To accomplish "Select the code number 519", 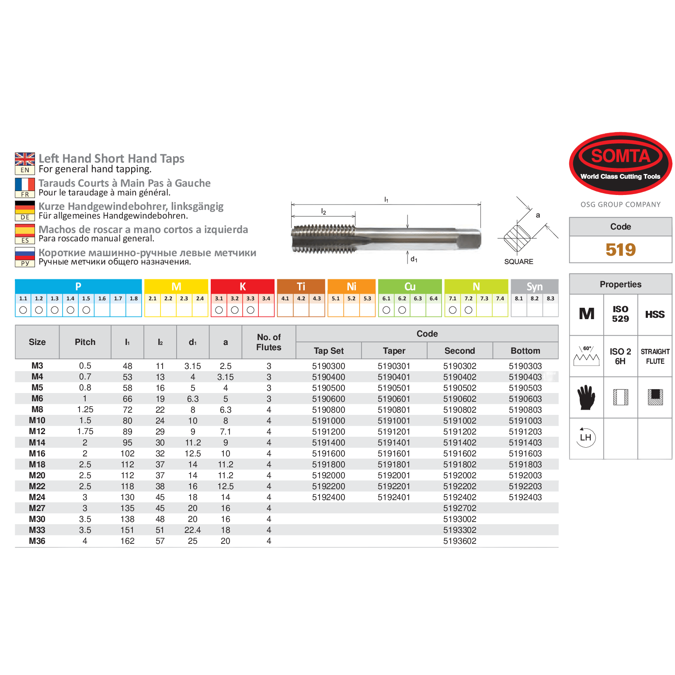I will [620, 250].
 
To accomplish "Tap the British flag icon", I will [25, 159].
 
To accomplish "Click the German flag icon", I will [25, 207].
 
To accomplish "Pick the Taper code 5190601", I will [394, 399].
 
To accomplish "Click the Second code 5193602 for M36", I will [459, 541].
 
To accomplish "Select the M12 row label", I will [37, 431].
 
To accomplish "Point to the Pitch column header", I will [85, 342].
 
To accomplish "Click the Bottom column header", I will [525, 351].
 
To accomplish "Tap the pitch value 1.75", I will [85, 431].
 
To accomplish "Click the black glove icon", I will [586, 397].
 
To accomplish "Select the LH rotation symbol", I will [585, 438].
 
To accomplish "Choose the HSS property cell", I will [654, 314].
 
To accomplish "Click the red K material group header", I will [243, 286].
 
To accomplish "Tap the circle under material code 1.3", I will [55, 310].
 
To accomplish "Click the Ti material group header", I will [301, 286].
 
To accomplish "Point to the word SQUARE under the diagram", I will [518, 261].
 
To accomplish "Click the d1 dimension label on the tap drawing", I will [414, 259].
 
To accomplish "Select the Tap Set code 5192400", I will [328, 497].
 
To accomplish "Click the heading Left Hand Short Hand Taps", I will [111, 158].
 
